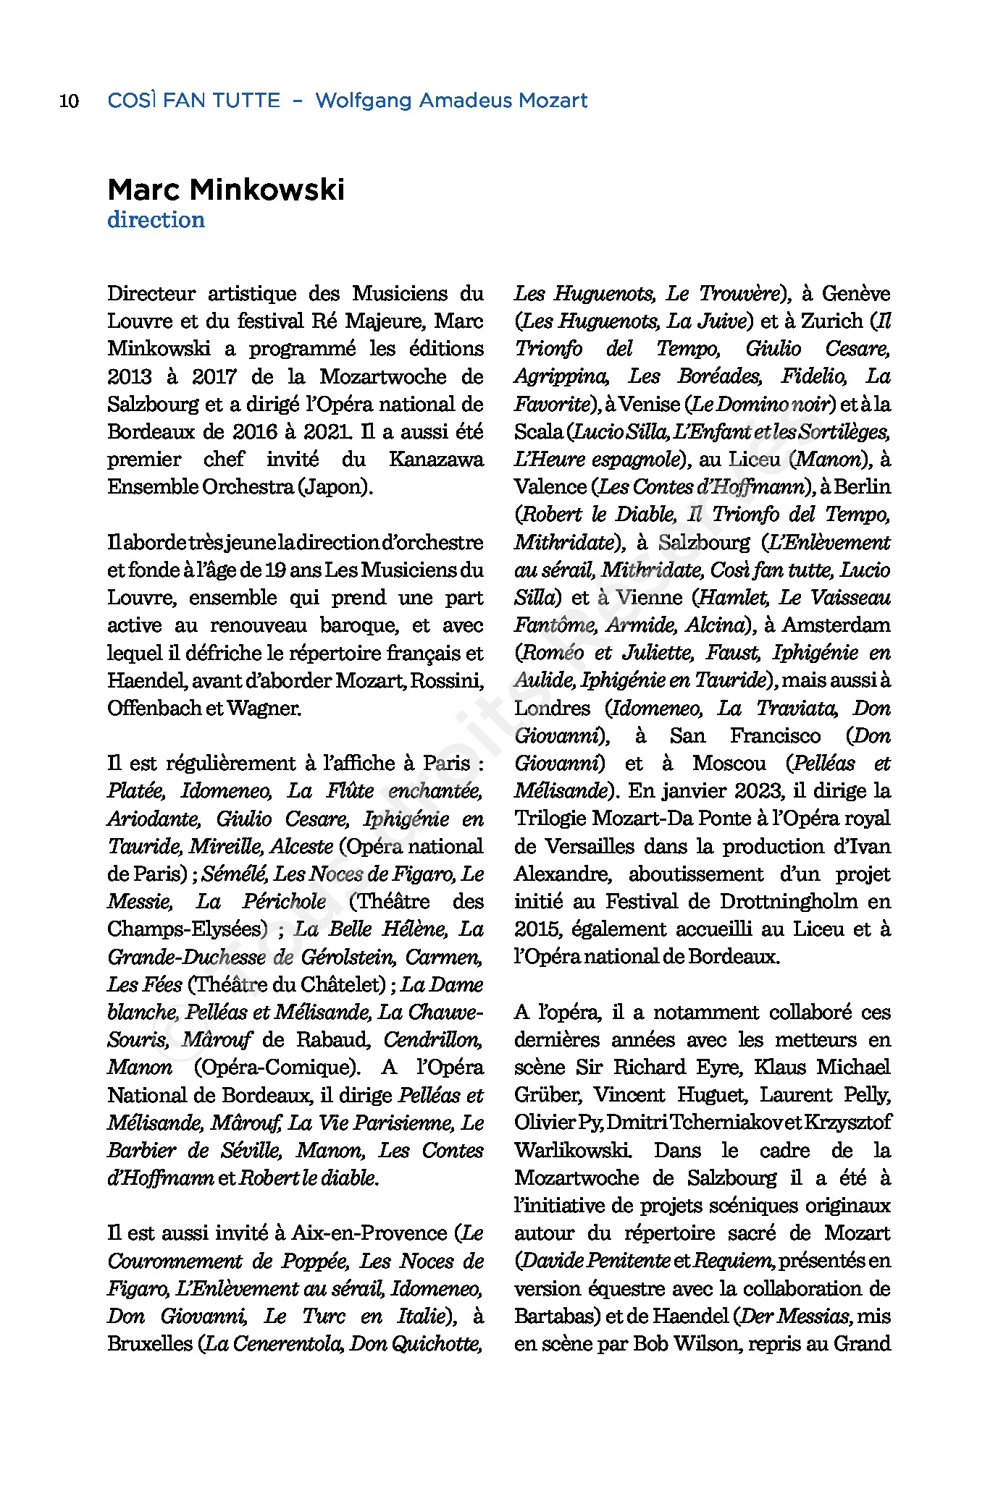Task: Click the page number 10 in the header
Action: [x=69, y=101]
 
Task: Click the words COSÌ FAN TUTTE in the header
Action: [x=193, y=101]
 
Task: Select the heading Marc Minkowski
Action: [x=226, y=190]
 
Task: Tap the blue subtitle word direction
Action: [x=156, y=220]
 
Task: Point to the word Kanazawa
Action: [x=436, y=460]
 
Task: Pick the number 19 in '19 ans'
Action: [x=274, y=570]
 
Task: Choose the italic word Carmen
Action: [x=443, y=958]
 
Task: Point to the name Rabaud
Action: [x=332, y=1040]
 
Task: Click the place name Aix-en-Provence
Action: [x=372, y=1233]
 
